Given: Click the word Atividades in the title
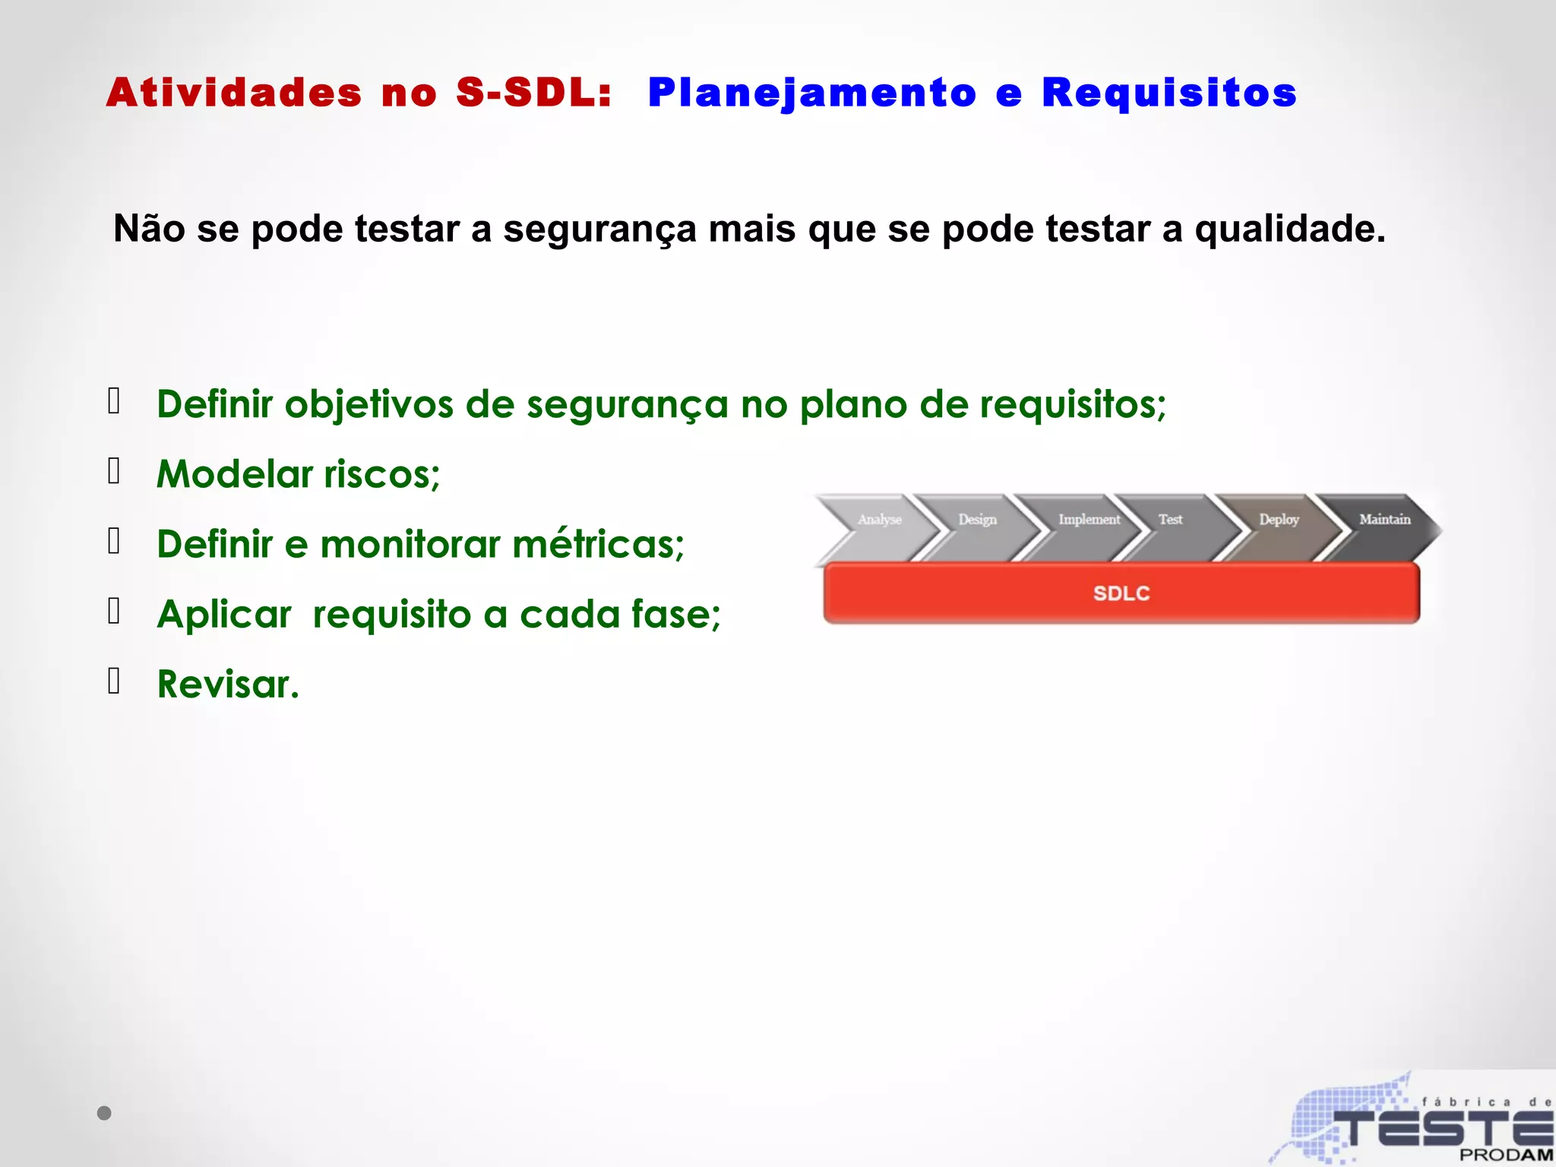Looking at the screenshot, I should coord(234,93).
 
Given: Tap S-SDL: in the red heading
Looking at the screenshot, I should coord(533,93).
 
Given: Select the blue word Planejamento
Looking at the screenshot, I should coord(811,94).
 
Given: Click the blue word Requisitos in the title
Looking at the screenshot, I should coord(1169,94).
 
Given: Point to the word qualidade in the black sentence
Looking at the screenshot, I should coord(1289,229).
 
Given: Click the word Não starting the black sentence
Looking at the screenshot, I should coord(149,228).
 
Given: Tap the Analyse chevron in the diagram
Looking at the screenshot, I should coord(879,520).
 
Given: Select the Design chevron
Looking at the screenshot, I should coord(977,520).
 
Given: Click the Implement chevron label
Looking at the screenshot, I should coord(1089,520).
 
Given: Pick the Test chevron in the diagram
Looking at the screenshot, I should coord(1170,520).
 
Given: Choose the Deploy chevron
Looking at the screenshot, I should coord(1279,520).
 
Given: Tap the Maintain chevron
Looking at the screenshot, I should coord(1384,520).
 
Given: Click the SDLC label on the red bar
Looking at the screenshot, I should coord(1121,593).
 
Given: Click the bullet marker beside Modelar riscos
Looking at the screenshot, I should coord(114,471).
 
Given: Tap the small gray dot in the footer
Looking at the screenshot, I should coord(104,1113).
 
